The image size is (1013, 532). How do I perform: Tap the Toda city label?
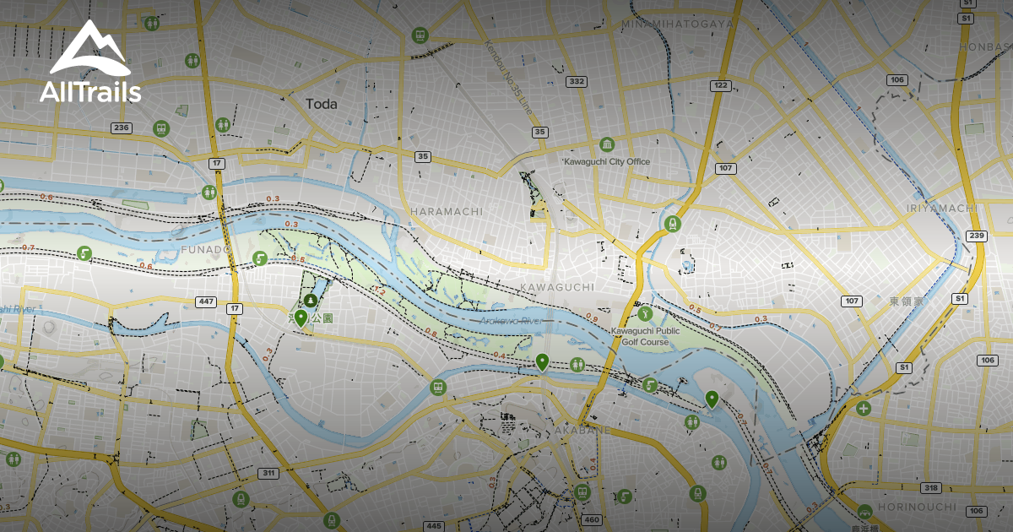[x=322, y=104]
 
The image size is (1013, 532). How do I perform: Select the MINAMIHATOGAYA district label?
[x=677, y=24]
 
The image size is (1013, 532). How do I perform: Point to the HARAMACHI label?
[x=447, y=210]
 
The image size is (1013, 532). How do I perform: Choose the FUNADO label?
[x=205, y=250]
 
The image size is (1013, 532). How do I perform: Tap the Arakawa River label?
[x=510, y=322]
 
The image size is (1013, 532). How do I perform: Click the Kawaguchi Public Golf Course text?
[x=645, y=336]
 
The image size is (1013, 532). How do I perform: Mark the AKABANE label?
[x=582, y=430]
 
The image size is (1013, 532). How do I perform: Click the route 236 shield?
[x=122, y=128]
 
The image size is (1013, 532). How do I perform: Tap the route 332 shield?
[x=577, y=82]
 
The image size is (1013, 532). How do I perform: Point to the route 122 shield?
[x=720, y=85]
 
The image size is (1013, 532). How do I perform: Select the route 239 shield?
[x=978, y=236]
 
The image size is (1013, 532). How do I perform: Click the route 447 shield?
[x=206, y=301]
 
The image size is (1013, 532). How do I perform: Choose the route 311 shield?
[x=268, y=473]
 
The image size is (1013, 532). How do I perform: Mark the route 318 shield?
[x=931, y=488]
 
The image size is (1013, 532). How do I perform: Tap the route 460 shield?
[x=592, y=520]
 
